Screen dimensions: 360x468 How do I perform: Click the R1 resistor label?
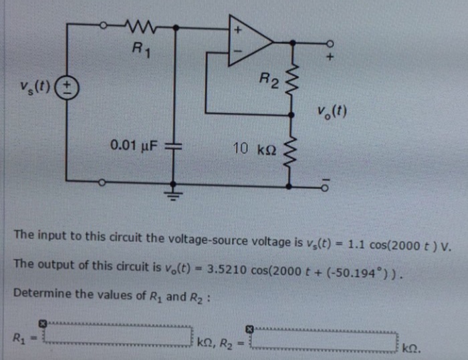[x=139, y=49]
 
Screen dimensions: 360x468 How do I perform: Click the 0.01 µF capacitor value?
[x=134, y=145]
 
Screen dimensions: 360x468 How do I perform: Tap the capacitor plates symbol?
[x=174, y=145]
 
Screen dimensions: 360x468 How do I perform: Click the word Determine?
[x=39, y=294]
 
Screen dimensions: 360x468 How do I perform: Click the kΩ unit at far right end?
[x=414, y=347]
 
